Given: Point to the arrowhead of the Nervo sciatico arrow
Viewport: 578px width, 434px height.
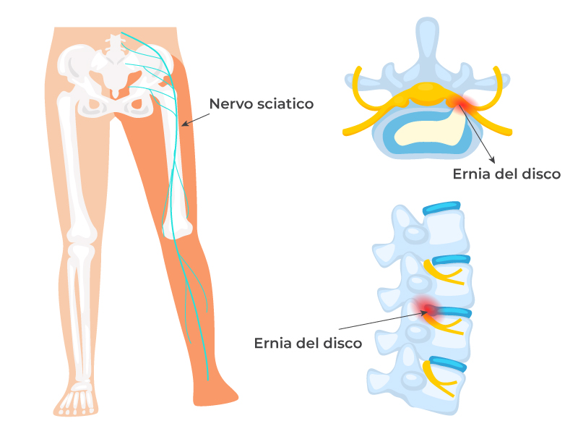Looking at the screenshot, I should (184, 124).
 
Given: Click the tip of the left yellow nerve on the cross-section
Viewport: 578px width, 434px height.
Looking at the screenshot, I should (348, 132).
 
